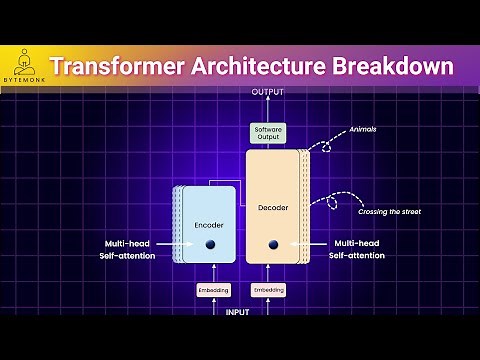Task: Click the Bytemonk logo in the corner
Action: pos(21,66)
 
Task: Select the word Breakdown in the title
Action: pos(393,68)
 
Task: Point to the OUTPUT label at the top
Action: pos(267,93)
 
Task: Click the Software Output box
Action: pos(267,133)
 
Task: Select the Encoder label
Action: pos(209,224)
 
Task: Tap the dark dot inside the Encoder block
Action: pos(211,245)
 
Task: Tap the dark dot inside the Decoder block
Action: pos(272,245)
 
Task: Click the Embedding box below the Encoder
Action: pos(214,290)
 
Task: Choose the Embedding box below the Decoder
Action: pos(267,290)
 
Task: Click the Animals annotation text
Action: pos(363,129)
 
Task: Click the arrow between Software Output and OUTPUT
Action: pos(267,110)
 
